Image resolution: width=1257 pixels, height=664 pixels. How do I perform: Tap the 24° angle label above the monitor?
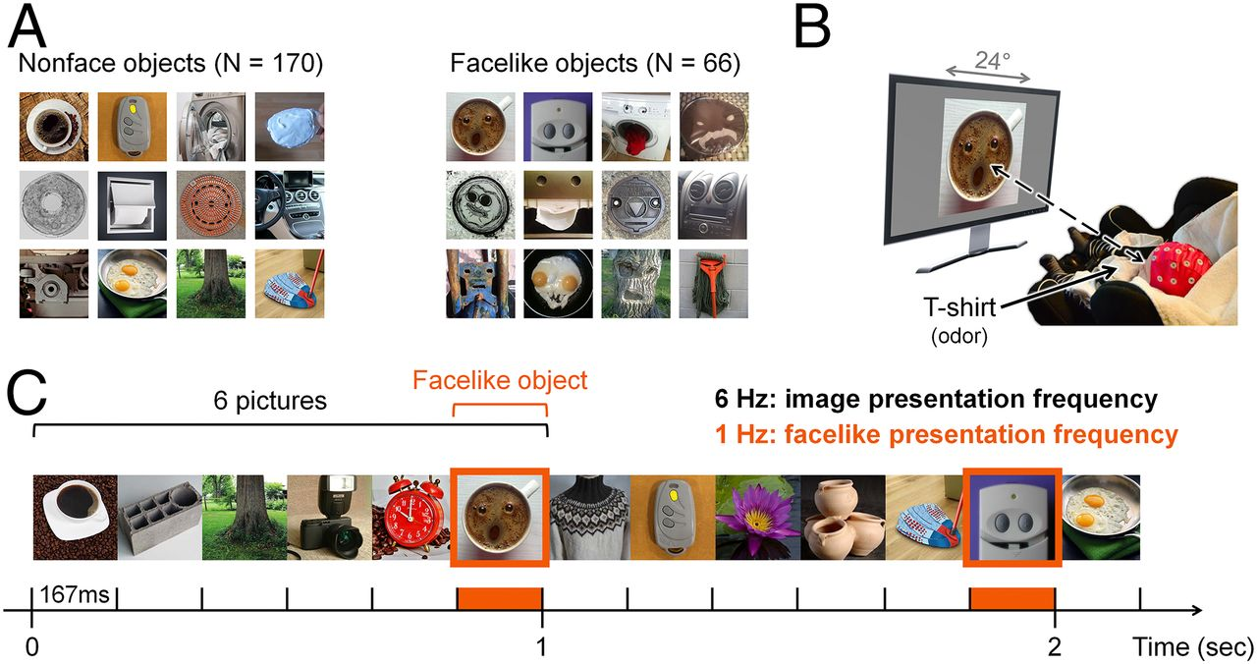point(992,60)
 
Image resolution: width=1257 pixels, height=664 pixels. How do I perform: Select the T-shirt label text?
point(959,307)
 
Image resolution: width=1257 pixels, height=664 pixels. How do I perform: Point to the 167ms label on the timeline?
point(75,594)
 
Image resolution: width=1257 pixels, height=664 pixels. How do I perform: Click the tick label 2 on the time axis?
point(1054,647)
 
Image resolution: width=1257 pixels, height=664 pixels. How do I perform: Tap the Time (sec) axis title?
point(1193,647)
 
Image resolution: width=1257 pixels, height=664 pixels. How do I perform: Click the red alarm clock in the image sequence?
point(411,517)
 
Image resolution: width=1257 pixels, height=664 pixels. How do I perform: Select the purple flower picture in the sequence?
point(757,517)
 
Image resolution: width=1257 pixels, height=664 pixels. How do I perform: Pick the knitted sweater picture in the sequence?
point(590,517)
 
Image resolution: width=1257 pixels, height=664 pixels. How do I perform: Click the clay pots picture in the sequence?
point(843,517)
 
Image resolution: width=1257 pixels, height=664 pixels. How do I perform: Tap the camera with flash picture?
point(329,517)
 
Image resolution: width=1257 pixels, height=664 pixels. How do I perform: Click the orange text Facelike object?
point(500,380)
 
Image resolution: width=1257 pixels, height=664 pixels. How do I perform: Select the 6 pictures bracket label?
point(270,401)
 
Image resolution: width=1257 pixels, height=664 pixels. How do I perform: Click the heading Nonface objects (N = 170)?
point(171,63)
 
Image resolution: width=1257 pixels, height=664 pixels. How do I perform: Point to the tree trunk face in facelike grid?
point(635,284)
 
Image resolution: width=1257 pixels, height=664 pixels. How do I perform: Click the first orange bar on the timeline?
point(500,598)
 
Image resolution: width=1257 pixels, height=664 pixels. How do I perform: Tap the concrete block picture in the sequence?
point(160,517)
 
